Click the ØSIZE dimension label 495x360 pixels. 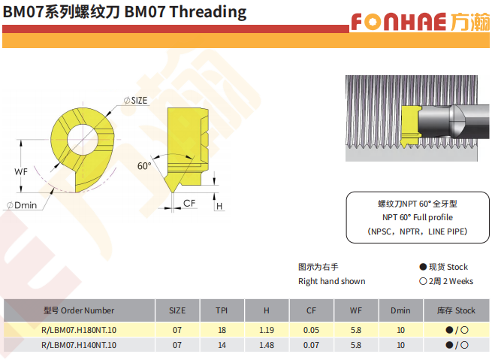pyautogui.click(x=135, y=101)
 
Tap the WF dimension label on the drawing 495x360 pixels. pyautogui.click(x=21, y=172)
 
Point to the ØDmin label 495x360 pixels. pyautogui.click(x=22, y=205)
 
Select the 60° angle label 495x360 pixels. pyautogui.click(x=144, y=166)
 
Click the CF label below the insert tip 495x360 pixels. pyautogui.click(x=189, y=203)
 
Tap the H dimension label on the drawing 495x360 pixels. pyautogui.click(x=219, y=206)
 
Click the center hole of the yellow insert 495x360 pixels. pyautogui.click(x=83, y=139)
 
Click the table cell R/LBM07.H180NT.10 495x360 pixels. pyautogui.click(x=79, y=330)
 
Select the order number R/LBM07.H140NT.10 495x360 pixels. pyautogui.click(x=79, y=345)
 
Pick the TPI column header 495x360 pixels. pyautogui.click(x=222, y=310)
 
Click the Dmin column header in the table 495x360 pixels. pyautogui.click(x=400, y=310)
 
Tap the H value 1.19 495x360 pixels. pyautogui.click(x=267, y=330)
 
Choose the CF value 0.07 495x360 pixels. pyautogui.click(x=311, y=345)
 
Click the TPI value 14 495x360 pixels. pyautogui.click(x=222, y=345)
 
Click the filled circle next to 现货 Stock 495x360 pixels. pyautogui.click(x=423, y=267)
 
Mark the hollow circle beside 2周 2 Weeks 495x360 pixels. pyautogui.click(x=423, y=281)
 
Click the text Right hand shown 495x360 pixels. pyautogui.click(x=332, y=281)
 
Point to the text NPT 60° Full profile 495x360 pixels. pyautogui.click(x=418, y=217)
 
